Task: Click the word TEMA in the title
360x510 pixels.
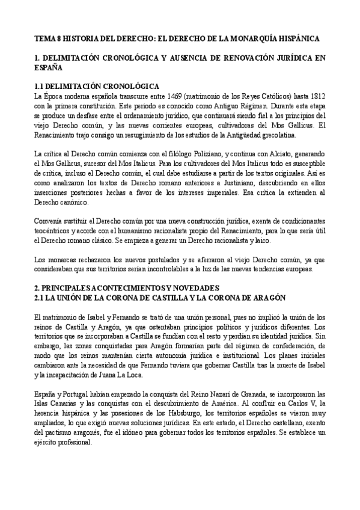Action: (x=43, y=37)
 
